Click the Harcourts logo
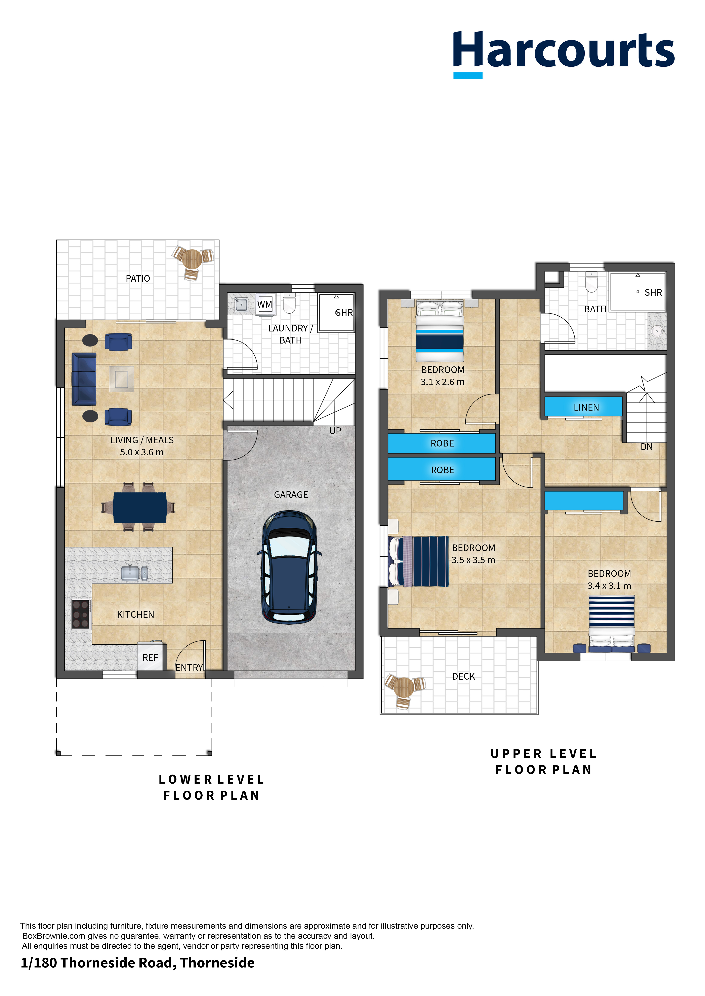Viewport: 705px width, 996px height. point(564,54)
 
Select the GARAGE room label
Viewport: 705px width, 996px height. point(291,494)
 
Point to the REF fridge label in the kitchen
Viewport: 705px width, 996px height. point(150,658)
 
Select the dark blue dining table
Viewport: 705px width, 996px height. point(140,507)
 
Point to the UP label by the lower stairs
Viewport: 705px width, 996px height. point(335,431)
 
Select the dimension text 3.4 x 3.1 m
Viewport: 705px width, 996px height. point(609,586)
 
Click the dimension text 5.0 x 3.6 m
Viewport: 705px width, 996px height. point(142,452)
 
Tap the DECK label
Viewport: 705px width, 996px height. point(464,676)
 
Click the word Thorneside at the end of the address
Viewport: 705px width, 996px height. point(217,963)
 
